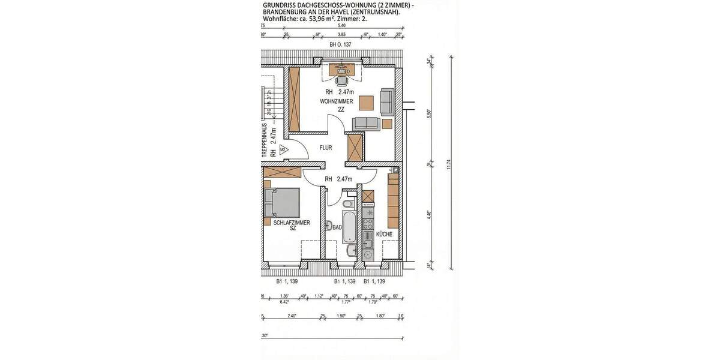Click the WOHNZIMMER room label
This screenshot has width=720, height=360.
click(x=336, y=102)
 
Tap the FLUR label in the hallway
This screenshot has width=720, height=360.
click(x=326, y=147)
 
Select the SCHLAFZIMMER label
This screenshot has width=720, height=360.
click(x=292, y=223)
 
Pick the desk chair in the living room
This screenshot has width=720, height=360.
click(x=342, y=80)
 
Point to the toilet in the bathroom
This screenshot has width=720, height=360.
click(x=353, y=204)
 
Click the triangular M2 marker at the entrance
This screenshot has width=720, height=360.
click(x=283, y=149)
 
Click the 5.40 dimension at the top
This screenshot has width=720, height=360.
click(x=342, y=26)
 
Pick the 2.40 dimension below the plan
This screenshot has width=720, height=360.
click(x=292, y=316)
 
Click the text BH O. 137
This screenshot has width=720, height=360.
click(x=340, y=45)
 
